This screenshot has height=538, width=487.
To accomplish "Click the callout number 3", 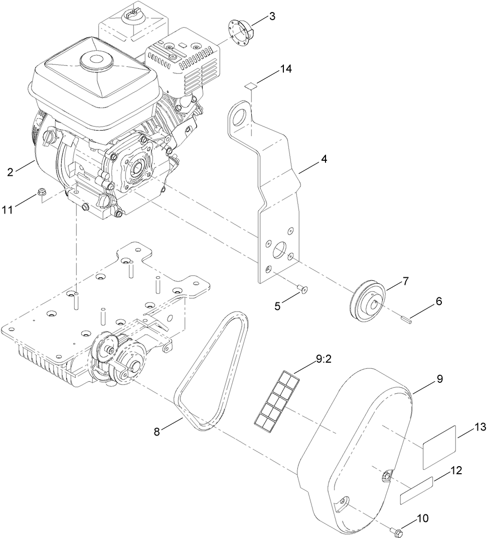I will [272, 16].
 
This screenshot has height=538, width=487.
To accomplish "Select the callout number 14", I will [286, 69].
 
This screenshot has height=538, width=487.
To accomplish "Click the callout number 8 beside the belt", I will [157, 432].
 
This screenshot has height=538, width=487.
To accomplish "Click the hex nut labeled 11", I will [43, 191].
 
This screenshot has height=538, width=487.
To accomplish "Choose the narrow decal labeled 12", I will [416, 490].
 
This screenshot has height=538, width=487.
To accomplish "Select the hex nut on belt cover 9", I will [387, 475].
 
